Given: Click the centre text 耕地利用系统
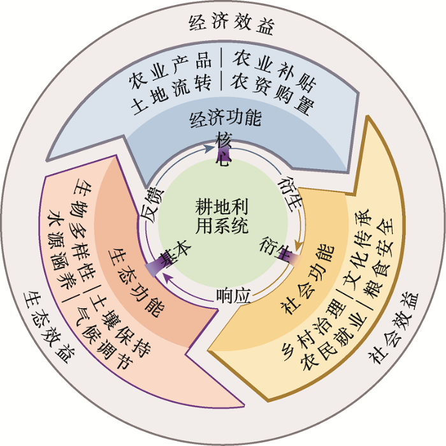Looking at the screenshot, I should tap(222, 216).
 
